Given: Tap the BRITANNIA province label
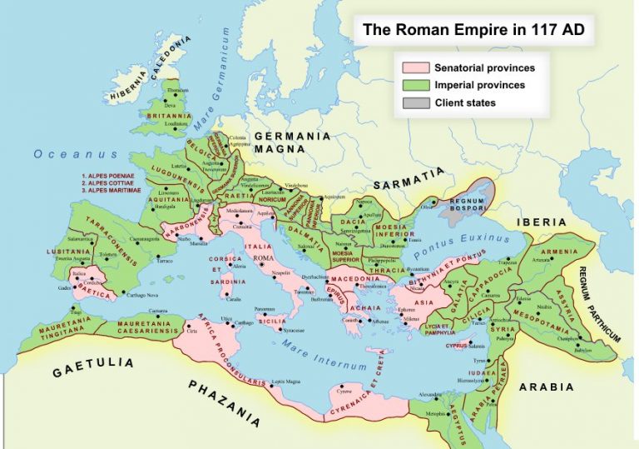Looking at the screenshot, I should (169, 116).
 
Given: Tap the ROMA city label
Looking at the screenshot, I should (263, 258).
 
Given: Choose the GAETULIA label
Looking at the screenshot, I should (93, 367).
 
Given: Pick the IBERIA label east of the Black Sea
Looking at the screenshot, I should (542, 222).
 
